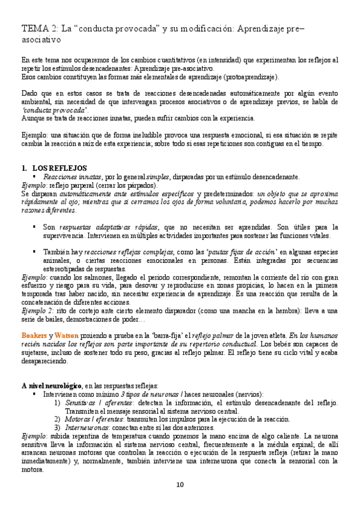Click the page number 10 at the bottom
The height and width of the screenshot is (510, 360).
[180, 485]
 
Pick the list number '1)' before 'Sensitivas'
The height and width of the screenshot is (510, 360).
[57, 402]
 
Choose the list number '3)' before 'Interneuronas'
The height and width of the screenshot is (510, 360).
[57, 427]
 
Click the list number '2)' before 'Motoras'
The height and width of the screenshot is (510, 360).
[57, 419]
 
